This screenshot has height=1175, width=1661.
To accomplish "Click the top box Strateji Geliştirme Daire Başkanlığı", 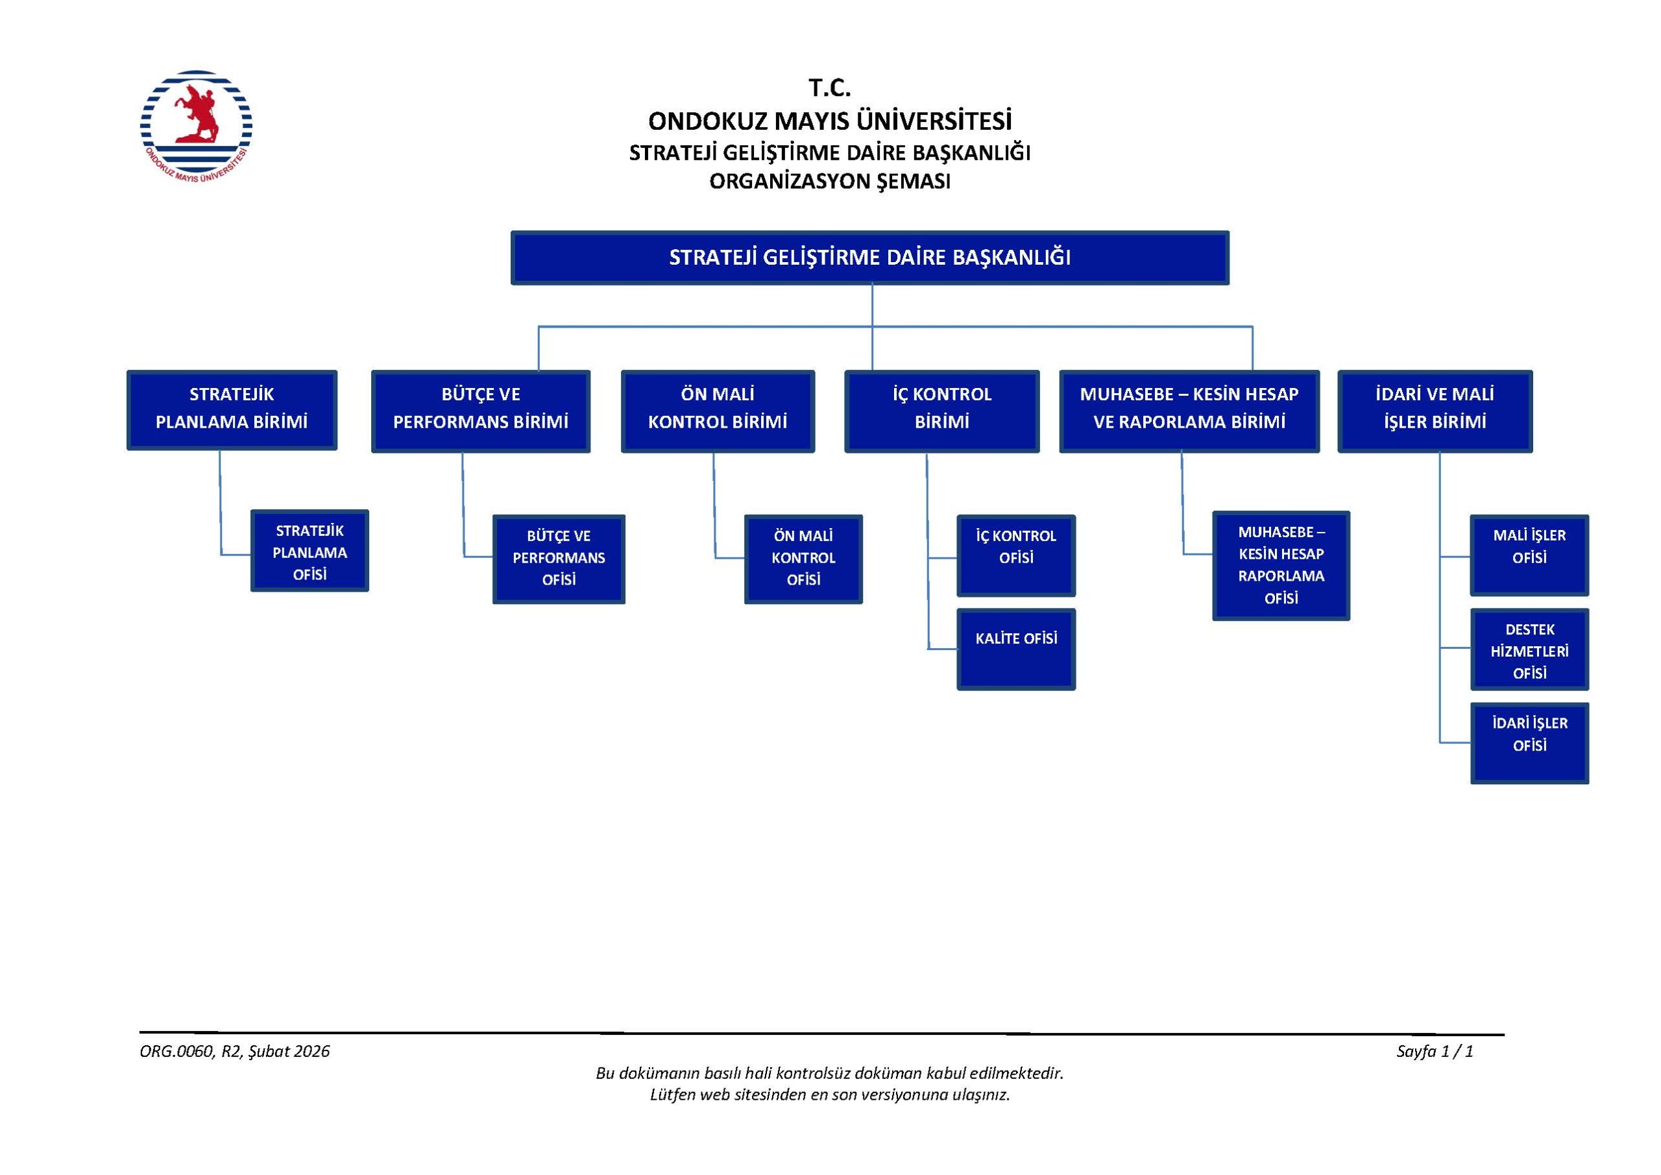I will coord(869,258).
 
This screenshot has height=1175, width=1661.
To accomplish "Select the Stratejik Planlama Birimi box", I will coord(232,409).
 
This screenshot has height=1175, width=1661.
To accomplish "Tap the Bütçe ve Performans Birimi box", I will coord(480,411).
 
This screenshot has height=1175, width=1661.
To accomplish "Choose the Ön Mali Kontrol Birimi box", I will coord(718,411).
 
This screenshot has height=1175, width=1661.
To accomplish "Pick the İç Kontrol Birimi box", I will coord(941,411).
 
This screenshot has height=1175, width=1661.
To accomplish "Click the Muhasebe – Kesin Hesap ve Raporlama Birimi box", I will coord(1189,411).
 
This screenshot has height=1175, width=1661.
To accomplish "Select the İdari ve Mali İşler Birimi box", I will coord(1435,411).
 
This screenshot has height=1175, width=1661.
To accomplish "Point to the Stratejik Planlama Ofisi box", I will coord(309,551).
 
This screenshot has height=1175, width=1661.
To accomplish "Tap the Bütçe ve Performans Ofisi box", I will coord(559,559).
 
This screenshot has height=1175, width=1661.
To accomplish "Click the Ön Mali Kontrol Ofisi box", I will coord(803,559).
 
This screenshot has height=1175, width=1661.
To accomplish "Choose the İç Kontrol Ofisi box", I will coord(1015,555).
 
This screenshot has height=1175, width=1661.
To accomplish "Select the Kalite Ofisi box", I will coord(1015,648).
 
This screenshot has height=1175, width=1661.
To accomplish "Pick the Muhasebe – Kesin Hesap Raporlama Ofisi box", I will coord(1281,565).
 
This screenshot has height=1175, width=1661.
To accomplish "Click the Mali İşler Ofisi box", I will coord(1529,555).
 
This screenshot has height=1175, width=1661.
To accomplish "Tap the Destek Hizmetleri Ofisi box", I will coord(1529,649).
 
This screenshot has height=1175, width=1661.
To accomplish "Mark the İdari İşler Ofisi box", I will coord(1529,742).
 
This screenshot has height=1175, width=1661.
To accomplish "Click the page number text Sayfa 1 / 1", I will coord(1435,1051).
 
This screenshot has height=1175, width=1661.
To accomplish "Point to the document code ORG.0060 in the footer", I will coord(177,1051).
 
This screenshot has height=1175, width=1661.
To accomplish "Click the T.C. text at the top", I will coord(829,88).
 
